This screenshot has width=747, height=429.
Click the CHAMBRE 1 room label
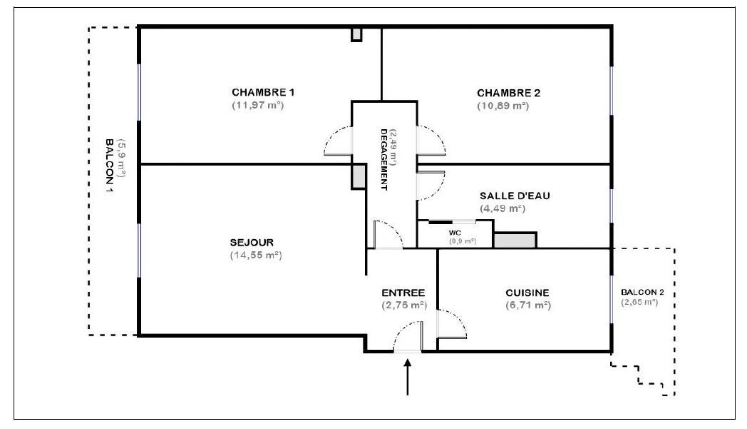(x=263, y=92)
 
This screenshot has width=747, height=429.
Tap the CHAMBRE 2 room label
(x=509, y=93)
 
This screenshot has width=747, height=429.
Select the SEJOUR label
(x=252, y=243)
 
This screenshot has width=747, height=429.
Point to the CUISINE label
(x=527, y=293)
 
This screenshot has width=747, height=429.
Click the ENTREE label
(x=403, y=293)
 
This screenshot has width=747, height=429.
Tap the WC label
(x=455, y=233)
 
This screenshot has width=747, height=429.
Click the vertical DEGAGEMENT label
(x=383, y=159)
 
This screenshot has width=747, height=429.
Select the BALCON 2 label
(x=642, y=293)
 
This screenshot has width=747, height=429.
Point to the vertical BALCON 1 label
(x=109, y=166)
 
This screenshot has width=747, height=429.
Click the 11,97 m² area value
(x=258, y=105)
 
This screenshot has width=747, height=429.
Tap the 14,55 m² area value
(x=256, y=256)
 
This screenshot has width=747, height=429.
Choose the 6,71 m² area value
(x=528, y=305)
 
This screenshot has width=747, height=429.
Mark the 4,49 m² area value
(x=503, y=208)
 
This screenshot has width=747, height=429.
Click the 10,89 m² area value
(x=503, y=106)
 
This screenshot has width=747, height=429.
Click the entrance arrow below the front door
(x=407, y=377)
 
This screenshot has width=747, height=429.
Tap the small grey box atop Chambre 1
(x=356, y=35)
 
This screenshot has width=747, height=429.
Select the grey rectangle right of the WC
(x=515, y=240)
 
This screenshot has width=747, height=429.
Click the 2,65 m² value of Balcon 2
(x=639, y=302)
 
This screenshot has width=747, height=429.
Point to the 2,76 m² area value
(x=404, y=305)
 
